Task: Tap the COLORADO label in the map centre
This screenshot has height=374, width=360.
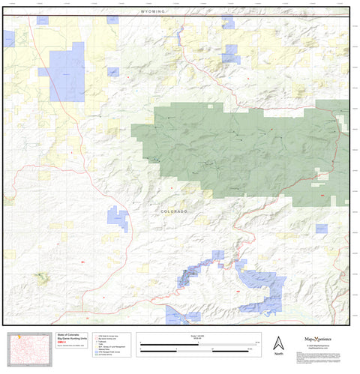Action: (174, 212)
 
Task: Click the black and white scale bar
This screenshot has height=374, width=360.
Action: (198, 347)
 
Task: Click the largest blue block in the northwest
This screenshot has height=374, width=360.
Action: (67, 72)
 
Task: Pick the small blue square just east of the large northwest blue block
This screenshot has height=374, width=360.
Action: (112, 72)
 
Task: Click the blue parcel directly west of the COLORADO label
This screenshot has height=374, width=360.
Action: (118, 219)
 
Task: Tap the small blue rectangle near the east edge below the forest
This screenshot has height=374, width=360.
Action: (320, 228)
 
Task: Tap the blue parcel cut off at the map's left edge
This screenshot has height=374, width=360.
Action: (8, 38)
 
